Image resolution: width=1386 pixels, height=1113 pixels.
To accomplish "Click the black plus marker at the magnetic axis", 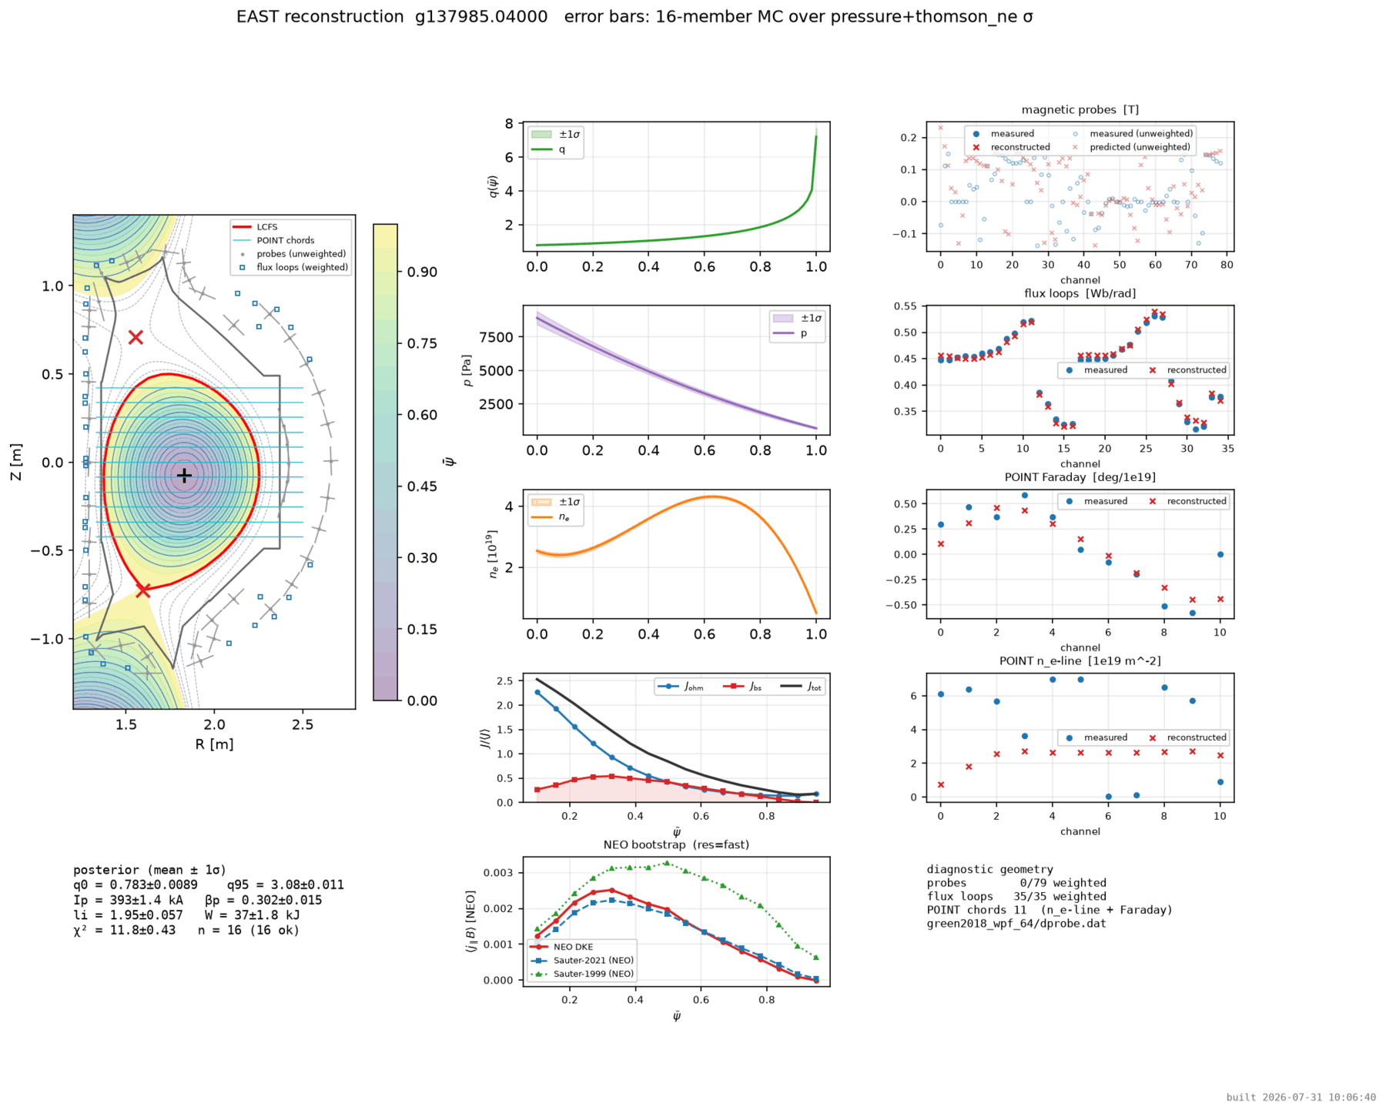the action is pyautogui.click(x=184, y=476).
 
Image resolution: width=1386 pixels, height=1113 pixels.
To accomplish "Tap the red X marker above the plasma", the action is pyautogui.click(x=136, y=337).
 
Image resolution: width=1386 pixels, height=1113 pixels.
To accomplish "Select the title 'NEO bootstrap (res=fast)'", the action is pyautogui.click(x=676, y=844).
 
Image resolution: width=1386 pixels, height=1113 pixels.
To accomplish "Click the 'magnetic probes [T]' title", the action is pyautogui.click(x=1080, y=110).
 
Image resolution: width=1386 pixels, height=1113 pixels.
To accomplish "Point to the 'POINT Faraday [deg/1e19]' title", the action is pyautogui.click(x=1080, y=477).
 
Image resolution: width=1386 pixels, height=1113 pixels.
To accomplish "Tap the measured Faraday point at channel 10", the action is pyautogui.click(x=1220, y=554).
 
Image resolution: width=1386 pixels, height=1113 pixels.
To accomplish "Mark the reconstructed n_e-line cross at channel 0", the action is pyautogui.click(x=940, y=785).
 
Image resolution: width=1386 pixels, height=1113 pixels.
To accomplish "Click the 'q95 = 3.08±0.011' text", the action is pyautogui.click(x=285, y=885).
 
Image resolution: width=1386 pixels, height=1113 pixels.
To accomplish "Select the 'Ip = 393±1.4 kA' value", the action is pyautogui.click(x=128, y=900).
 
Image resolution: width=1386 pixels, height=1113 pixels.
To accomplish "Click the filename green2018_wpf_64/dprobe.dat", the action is pyautogui.click(x=1016, y=924).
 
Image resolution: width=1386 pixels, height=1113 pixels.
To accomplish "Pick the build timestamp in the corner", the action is pyautogui.click(x=1301, y=1098).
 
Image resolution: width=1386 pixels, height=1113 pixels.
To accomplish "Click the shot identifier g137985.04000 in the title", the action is pyautogui.click(x=481, y=17).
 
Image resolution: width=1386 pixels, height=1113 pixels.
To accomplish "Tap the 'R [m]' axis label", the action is pyautogui.click(x=214, y=744).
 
